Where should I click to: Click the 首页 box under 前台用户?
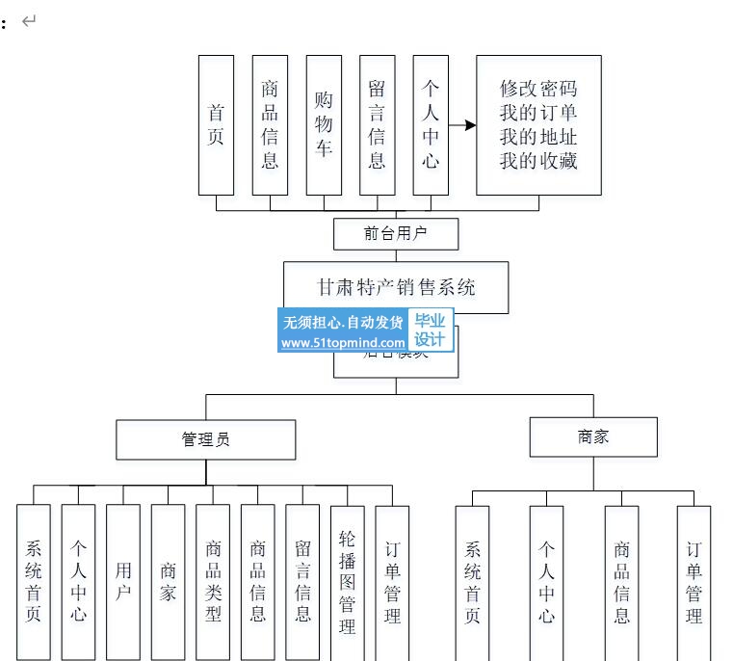pos(216,124)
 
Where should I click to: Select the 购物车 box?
pos(324,124)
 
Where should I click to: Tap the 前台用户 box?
pos(396,233)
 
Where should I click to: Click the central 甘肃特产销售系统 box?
pos(396,287)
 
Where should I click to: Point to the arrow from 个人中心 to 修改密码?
pos(463,125)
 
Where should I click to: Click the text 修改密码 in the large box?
pos(538,89)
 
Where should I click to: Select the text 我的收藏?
pos(538,161)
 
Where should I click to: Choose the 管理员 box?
pos(206,439)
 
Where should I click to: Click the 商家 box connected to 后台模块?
pos(593,436)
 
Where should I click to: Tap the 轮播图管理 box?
pos(348,582)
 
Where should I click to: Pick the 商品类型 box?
pos(213,582)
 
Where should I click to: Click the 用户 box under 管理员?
pos(123,582)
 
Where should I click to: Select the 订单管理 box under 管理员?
pos(392,582)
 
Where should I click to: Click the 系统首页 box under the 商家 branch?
pos(472,582)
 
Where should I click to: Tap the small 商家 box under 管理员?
pos(168,582)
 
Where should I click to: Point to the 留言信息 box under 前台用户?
pos(378,124)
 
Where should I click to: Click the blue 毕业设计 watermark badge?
pos(430,330)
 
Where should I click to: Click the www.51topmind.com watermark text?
pos(344,343)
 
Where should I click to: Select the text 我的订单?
pos(538,113)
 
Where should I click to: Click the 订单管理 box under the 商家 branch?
pos(694,582)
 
